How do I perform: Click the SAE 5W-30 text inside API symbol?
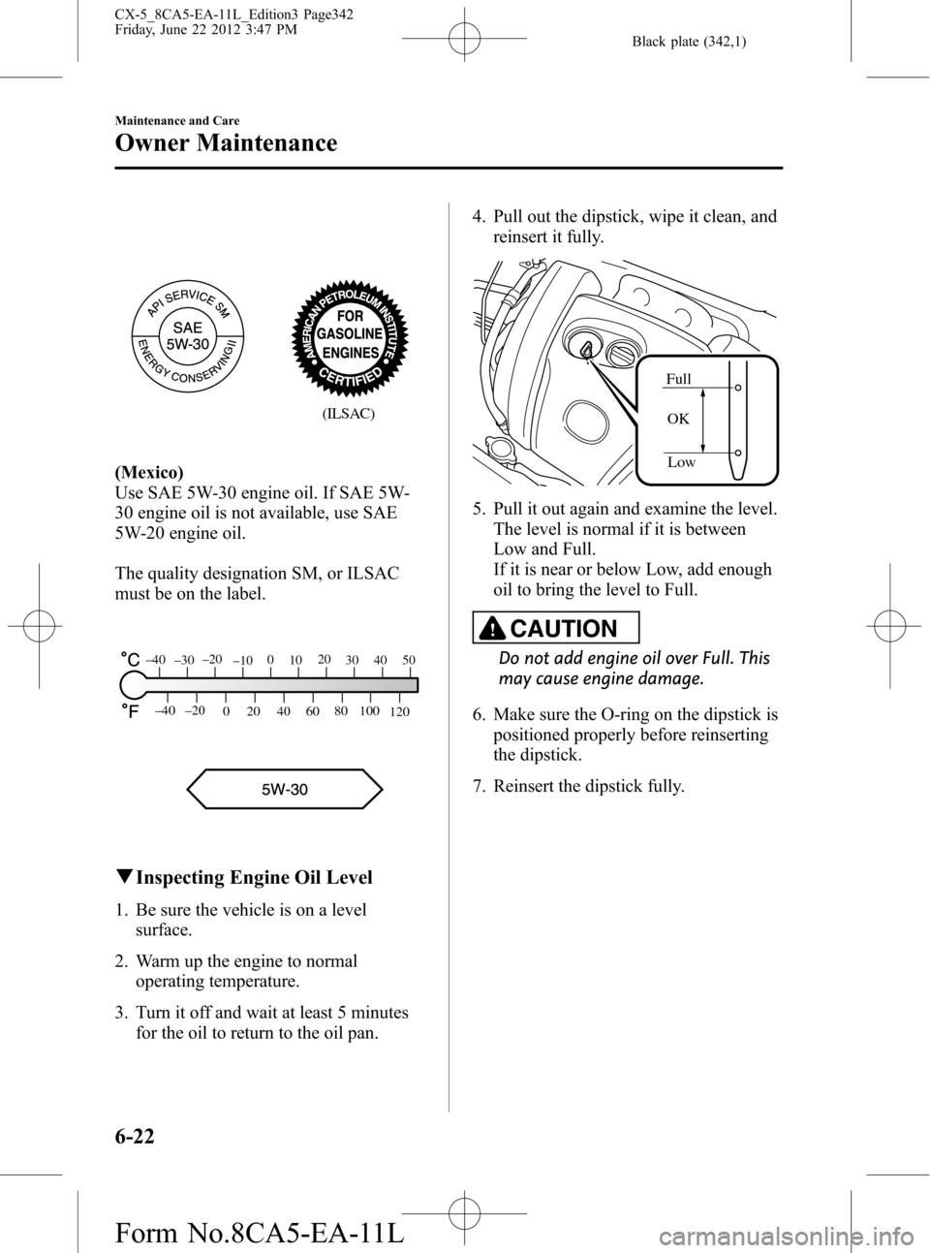pos(188,335)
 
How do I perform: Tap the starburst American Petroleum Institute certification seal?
pos(350,337)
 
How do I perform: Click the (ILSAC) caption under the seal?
pos(350,413)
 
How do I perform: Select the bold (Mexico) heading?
pos(149,472)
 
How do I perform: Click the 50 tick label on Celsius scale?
pos(409,660)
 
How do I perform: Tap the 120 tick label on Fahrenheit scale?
pos(400,712)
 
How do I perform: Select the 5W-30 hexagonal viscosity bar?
pos(285,789)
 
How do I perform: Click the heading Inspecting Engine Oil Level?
pos(254,878)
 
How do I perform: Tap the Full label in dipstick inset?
pos(679,379)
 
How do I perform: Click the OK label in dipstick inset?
pos(678,419)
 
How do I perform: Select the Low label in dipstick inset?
pos(681,462)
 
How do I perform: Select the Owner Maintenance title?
pos(226,143)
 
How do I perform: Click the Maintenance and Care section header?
pos(176,120)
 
